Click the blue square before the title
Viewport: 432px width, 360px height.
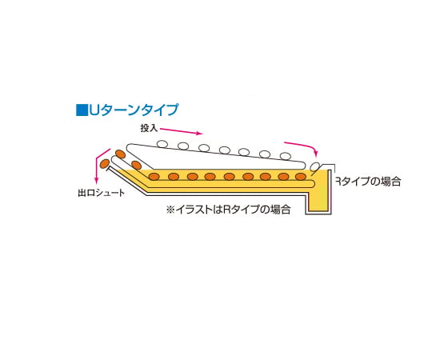82,110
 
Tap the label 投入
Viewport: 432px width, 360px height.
149,128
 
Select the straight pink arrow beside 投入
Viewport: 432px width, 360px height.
182,131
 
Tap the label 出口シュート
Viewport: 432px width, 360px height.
101,193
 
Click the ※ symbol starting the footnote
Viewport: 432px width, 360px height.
170,210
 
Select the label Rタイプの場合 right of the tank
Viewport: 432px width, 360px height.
368,182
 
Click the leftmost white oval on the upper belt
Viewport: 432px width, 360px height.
162,144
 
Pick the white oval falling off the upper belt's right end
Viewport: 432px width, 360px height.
314,166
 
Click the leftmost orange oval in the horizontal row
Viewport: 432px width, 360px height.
154,176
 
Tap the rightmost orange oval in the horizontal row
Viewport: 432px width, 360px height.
301,176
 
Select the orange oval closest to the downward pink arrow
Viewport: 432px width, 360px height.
105,164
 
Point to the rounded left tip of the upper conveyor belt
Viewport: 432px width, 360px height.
128,148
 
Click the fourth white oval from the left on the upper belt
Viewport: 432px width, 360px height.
225,150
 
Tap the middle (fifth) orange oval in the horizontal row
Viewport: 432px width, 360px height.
230,176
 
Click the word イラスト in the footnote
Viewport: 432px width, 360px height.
194,210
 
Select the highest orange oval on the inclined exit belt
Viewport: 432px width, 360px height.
120,154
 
